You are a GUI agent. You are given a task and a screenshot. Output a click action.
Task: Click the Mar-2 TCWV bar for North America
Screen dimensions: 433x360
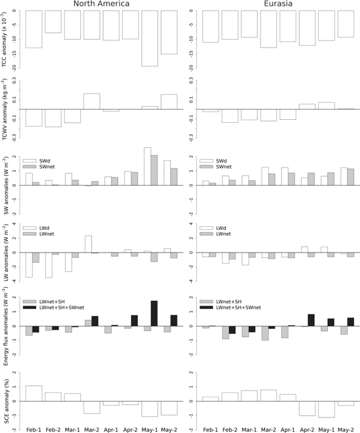[x=92, y=102]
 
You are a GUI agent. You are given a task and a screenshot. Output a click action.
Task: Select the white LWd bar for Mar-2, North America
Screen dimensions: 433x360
[x=88, y=244]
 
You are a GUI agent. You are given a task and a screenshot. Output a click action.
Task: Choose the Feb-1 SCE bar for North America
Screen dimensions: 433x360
[x=34, y=393]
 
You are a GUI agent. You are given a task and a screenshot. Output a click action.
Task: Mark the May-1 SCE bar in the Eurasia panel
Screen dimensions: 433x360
[x=327, y=409]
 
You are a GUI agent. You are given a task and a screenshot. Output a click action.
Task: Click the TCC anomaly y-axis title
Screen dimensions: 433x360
[x=6, y=39]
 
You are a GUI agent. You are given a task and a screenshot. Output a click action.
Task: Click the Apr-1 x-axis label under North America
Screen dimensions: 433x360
[x=111, y=428]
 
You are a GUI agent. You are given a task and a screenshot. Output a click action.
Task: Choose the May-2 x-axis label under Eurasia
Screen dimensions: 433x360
[x=346, y=428]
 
